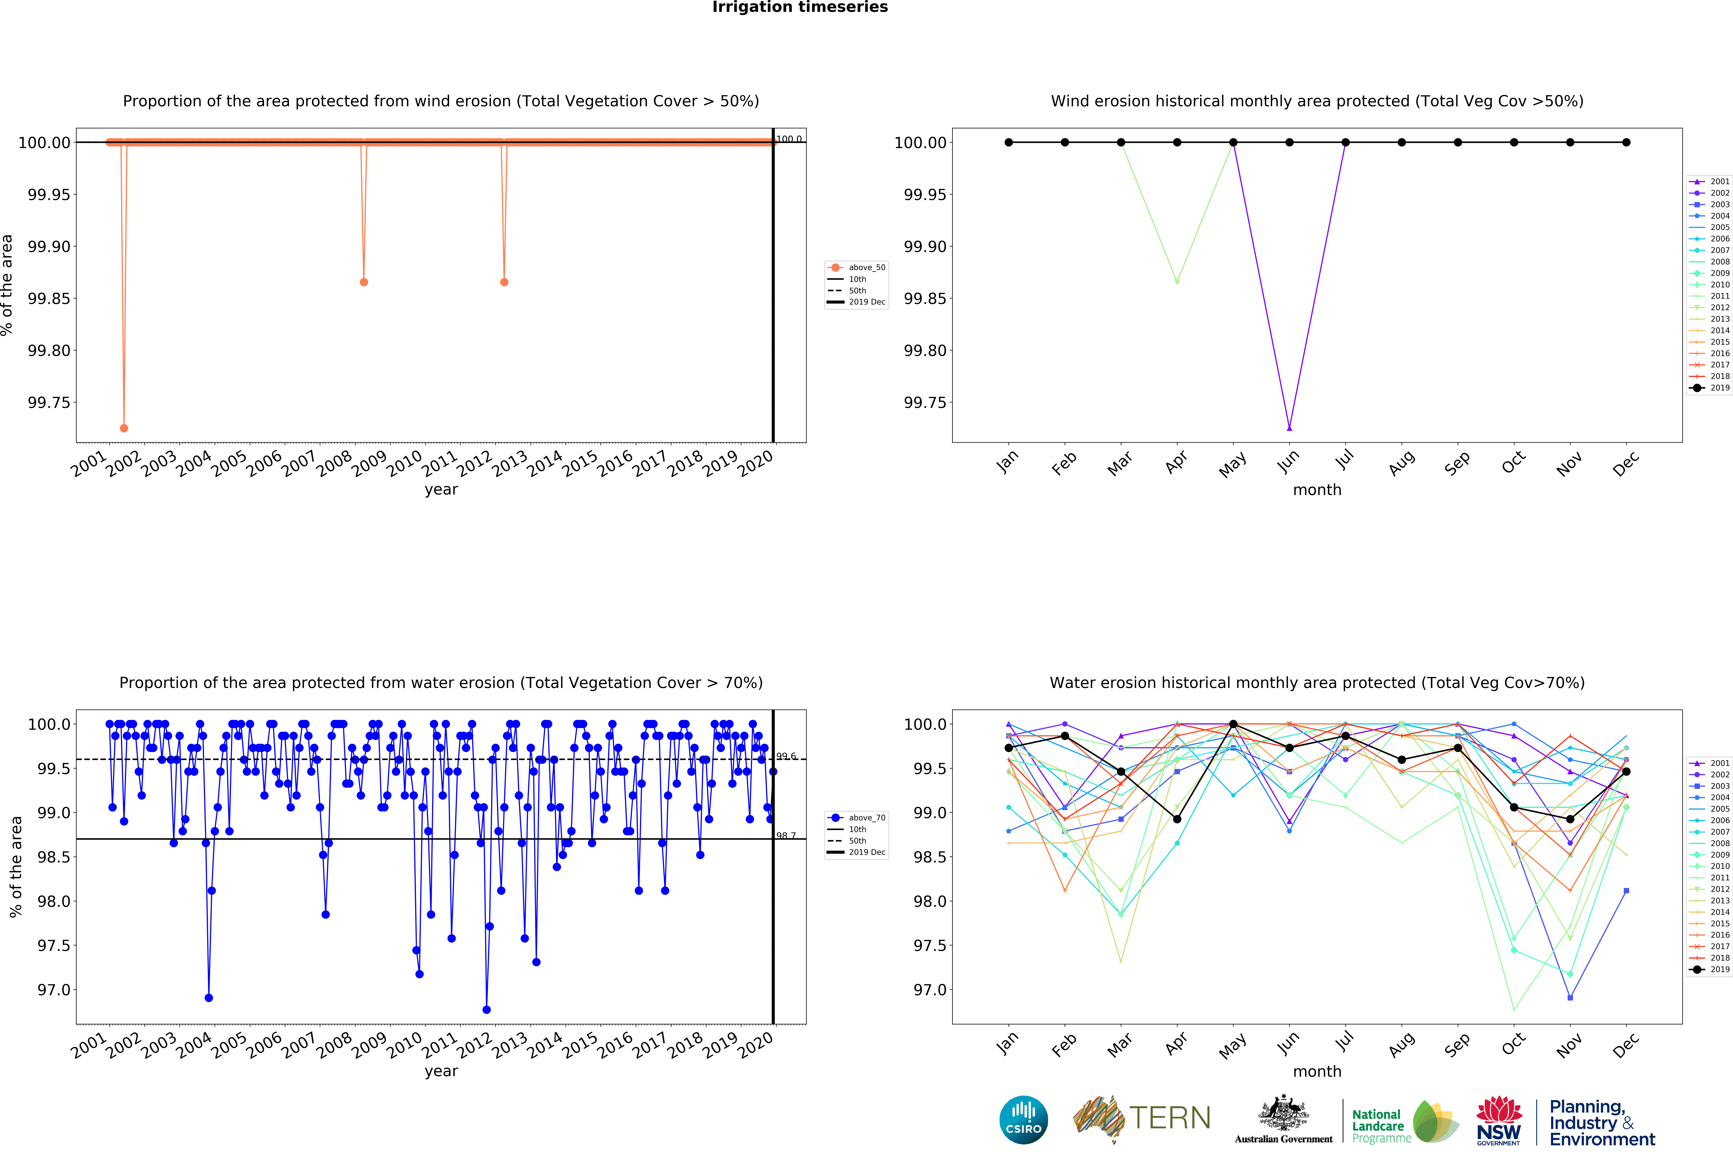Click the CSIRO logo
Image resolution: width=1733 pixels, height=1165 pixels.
[x=1024, y=1120]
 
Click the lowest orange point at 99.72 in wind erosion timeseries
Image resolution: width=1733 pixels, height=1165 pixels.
[x=124, y=428]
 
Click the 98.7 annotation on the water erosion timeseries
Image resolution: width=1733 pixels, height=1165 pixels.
[x=786, y=836]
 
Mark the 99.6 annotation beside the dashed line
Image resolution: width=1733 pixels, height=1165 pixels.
[x=786, y=756]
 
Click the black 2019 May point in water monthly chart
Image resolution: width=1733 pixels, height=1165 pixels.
[x=1233, y=724]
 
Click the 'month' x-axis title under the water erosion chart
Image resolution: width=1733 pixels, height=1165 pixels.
[x=1317, y=1071]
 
